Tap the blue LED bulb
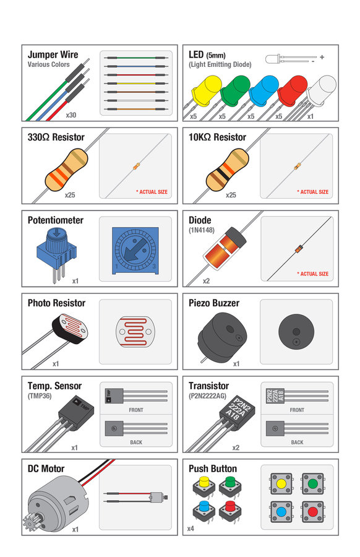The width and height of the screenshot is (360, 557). pyautogui.click(x=264, y=90)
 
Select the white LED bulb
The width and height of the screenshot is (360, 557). pyautogui.click(x=321, y=90)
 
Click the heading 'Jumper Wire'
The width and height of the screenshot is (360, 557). pyautogui.click(x=53, y=54)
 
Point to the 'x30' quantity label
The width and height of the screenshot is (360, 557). pyautogui.click(x=71, y=115)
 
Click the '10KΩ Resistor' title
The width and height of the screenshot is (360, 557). pyautogui.click(x=217, y=137)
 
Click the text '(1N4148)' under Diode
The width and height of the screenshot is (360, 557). pyautogui.click(x=202, y=230)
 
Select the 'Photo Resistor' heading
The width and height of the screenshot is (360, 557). pyautogui.click(x=56, y=303)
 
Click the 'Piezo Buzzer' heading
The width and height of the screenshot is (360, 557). pyautogui.click(x=214, y=303)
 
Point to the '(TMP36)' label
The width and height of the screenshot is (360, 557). pyautogui.click(x=40, y=395)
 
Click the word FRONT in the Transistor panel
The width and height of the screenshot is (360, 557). pyautogui.click(x=297, y=410)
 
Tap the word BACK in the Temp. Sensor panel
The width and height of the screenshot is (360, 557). pyautogui.click(x=136, y=443)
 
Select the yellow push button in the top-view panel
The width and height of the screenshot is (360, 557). pyautogui.click(x=281, y=483)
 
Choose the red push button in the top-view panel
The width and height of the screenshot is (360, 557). pyautogui.click(x=312, y=512)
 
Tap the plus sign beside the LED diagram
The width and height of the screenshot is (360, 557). pyautogui.click(x=322, y=57)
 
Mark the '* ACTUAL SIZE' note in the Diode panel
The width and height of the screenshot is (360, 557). pyautogui.click(x=313, y=274)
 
